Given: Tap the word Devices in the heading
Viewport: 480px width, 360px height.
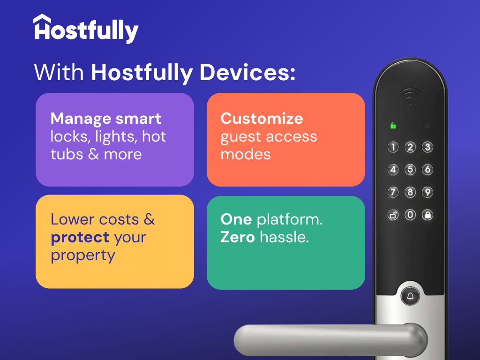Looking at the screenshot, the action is pos(247,73).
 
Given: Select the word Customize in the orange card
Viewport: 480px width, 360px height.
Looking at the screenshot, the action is pos(262,119).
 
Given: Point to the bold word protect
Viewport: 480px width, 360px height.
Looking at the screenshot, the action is pos(80,238).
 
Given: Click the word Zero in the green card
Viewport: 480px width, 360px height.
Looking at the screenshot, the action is pos(238,237).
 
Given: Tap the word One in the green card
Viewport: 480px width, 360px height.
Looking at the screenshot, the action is pos(236,219).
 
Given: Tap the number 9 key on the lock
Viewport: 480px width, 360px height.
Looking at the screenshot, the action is pos(427,192).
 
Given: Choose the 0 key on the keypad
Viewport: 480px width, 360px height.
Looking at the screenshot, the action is pos(410,215).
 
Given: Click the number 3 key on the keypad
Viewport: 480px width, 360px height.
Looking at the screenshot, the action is pos(427,147).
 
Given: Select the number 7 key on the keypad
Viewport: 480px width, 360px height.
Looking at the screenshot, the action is pos(393,192).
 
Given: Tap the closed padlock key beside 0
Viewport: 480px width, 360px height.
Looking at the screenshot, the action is pos(427,215).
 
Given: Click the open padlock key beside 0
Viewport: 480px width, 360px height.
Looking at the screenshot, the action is pos(393,215).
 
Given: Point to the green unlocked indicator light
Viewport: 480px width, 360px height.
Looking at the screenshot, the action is pos(393,125).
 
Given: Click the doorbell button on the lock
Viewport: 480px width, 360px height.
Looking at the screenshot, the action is pos(410,296).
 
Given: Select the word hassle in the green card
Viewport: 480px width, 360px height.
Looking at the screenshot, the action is pos(285,237).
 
